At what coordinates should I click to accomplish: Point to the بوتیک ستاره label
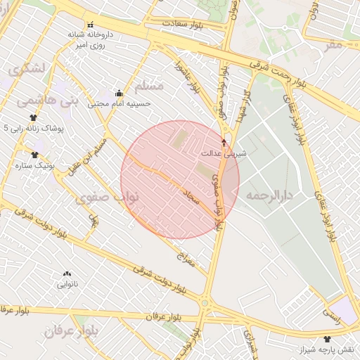tap(34, 165)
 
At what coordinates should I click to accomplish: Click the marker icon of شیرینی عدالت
tap(224, 143)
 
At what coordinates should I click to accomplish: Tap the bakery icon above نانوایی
tap(67, 274)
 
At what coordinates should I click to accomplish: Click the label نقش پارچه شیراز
tap(328, 349)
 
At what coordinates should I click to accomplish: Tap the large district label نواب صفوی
tap(111, 199)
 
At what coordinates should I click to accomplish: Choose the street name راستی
tap(332, 314)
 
